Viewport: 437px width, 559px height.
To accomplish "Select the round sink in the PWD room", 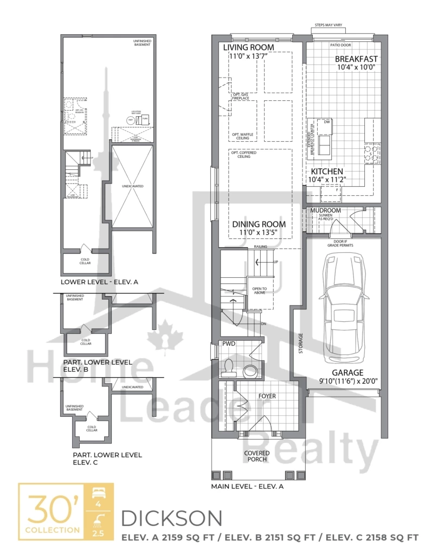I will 250,371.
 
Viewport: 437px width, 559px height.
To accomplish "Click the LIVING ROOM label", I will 248,48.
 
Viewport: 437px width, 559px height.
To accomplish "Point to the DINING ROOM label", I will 259,224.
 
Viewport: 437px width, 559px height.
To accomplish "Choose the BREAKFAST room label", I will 356,59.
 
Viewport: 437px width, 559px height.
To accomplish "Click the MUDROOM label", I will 325,211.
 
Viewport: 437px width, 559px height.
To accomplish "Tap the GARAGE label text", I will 348,373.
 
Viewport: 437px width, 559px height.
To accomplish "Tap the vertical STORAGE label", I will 300,344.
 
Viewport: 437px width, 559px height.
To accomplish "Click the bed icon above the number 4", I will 99,494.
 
